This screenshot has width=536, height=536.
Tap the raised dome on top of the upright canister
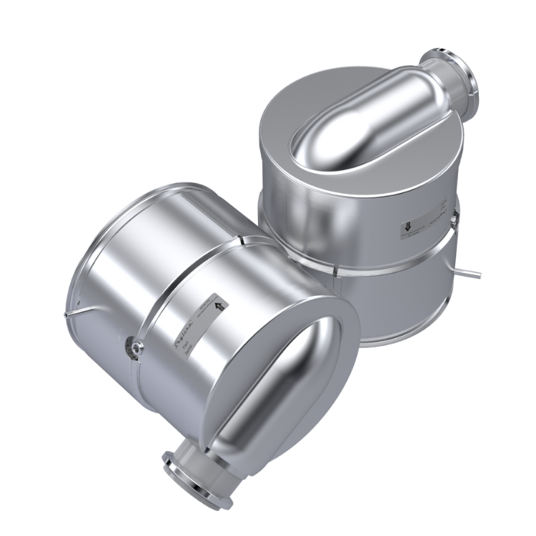pyautogui.click(x=357, y=121)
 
